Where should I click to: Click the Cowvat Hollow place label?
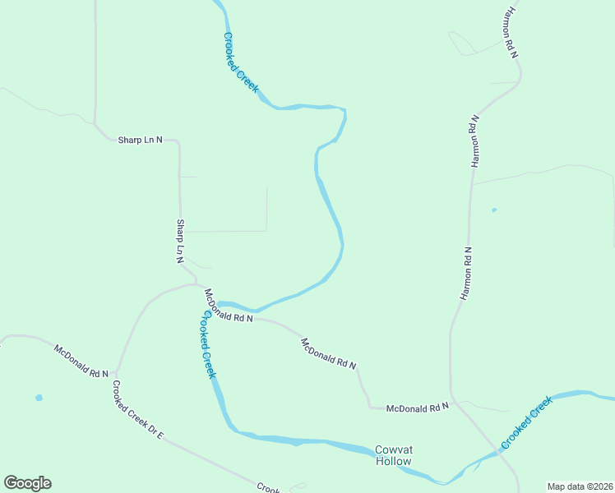coord(393,455)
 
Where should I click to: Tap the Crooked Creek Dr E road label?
coord(138,407)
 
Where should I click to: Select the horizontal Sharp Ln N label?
coord(141,140)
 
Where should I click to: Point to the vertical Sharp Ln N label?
coord(179,241)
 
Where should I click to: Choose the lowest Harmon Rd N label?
coord(465,273)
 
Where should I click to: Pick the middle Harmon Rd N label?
coord(474,141)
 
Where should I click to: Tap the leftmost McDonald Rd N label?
coord(81,362)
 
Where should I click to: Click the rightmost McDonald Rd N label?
coord(418,407)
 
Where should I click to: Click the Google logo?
coord(27,483)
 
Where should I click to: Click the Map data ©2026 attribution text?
coord(579,486)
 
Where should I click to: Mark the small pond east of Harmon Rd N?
coord(493,210)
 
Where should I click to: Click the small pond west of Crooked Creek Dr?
coord(39,398)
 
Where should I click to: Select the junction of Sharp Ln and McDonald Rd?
coord(197,284)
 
